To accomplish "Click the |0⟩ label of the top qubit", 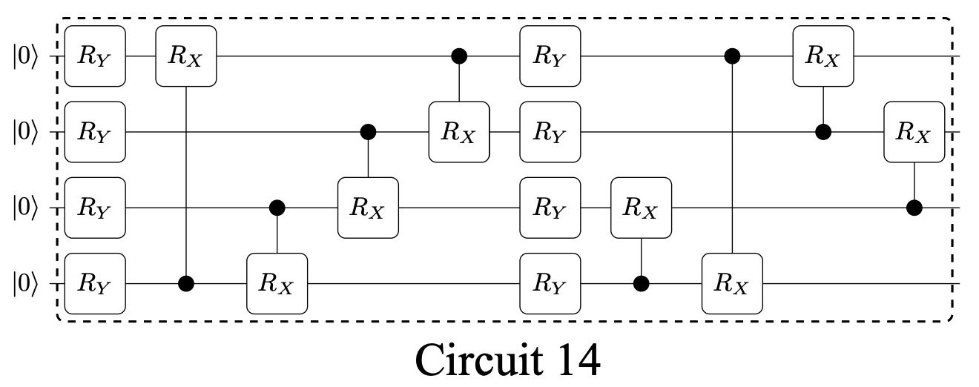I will [28, 56].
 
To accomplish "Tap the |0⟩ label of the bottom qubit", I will [28, 284].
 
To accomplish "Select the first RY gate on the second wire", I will [95, 133].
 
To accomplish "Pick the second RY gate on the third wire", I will [550, 208].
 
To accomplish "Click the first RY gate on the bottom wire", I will [95, 284].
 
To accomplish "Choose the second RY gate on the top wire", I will [550, 56].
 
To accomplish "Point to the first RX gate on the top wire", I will [185, 56].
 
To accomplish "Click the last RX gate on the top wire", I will [823, 56].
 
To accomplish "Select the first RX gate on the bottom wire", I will [277, 284].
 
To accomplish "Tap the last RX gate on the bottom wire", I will [732, 284].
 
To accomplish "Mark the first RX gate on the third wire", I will [368, 208].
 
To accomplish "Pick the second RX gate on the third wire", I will [641, 208].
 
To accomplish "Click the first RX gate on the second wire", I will [459, 133].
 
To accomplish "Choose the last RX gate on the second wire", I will [914, 133].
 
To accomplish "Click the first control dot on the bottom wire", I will [186, 284].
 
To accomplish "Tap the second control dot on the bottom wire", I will [641, 284].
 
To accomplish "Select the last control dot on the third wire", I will [914, 208].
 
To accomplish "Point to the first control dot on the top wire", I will [459, 56].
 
